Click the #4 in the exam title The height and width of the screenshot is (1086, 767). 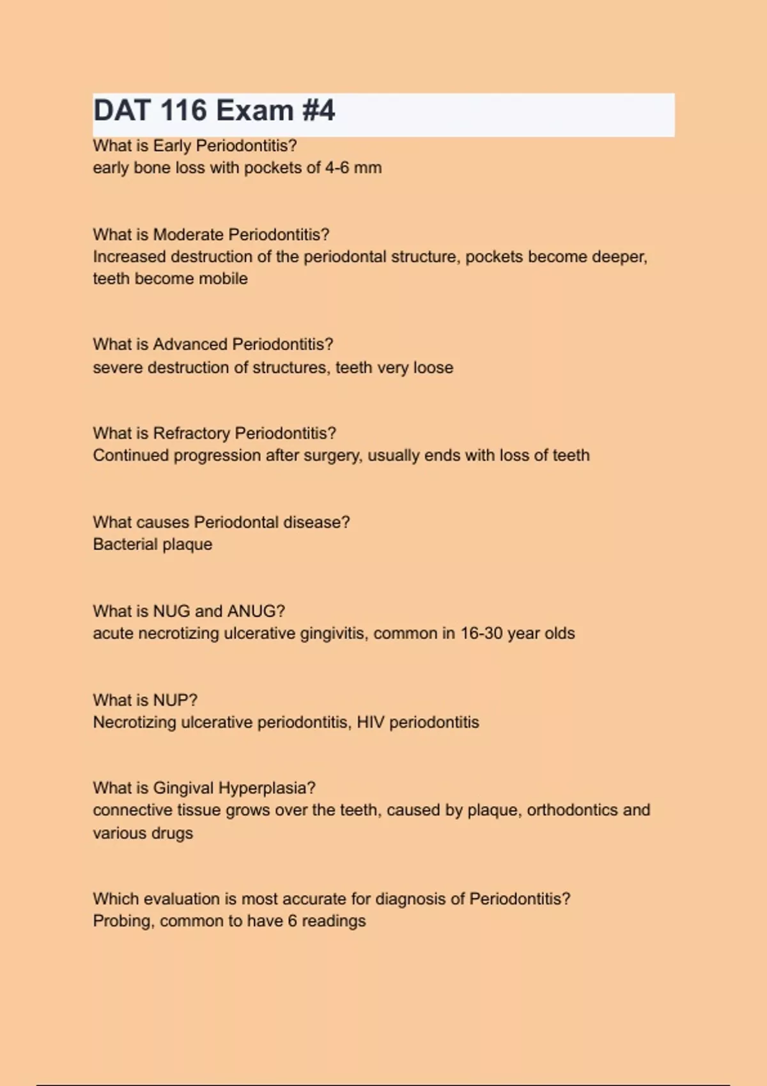[318, 111]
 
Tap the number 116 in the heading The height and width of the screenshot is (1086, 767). [184, 111]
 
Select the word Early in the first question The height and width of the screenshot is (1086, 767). [172, 146]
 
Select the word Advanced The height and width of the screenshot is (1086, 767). [190, 344]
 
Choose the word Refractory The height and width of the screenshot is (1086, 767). [191, 433]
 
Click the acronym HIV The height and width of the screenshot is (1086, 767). [370, 723]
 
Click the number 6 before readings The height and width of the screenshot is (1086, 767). [292, 921]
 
